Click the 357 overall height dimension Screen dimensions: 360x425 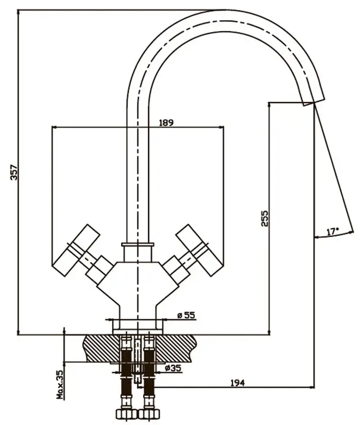coord(14,172)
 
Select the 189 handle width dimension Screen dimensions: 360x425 coord(166,123)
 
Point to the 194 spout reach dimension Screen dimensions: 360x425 coord(238,383)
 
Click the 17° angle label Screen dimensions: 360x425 coord(333,232)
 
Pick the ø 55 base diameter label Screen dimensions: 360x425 coord(186,315)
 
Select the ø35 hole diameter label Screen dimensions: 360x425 coord(173,368)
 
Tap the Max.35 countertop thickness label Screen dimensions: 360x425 coord(60,385)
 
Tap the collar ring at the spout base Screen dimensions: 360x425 coord(138,245)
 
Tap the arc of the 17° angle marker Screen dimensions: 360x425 coord(334,236)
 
